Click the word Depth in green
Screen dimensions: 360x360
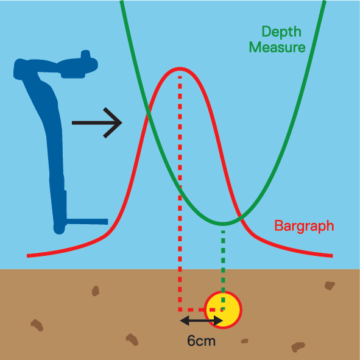coord(281,32)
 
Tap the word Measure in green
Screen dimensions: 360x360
coord(277,48)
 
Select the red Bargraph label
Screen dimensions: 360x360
coord(304,227)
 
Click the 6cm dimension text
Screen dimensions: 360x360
coord(201,341)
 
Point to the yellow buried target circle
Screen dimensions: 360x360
coord(223,309)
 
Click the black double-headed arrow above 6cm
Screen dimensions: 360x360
coord(201,320)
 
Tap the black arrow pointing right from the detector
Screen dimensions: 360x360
coord(97,123)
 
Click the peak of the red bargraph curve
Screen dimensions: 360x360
coord(180,68)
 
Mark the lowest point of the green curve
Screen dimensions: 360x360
coord(223,224)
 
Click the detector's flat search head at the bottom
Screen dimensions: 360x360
coord(87,221)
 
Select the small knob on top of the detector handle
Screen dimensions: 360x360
coord(85,54)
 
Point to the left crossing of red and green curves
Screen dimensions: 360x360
coord(149,112)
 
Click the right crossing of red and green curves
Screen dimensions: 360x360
coord(239,216)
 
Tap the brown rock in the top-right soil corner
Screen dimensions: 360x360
coord(330,286)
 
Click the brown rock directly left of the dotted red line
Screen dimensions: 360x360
coord(95,291)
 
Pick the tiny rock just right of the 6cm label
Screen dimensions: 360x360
coord(244,341)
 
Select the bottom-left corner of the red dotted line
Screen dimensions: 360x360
coord(180,310)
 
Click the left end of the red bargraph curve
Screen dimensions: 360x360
coord(27,256)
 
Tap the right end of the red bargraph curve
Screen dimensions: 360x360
coord(333,256)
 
